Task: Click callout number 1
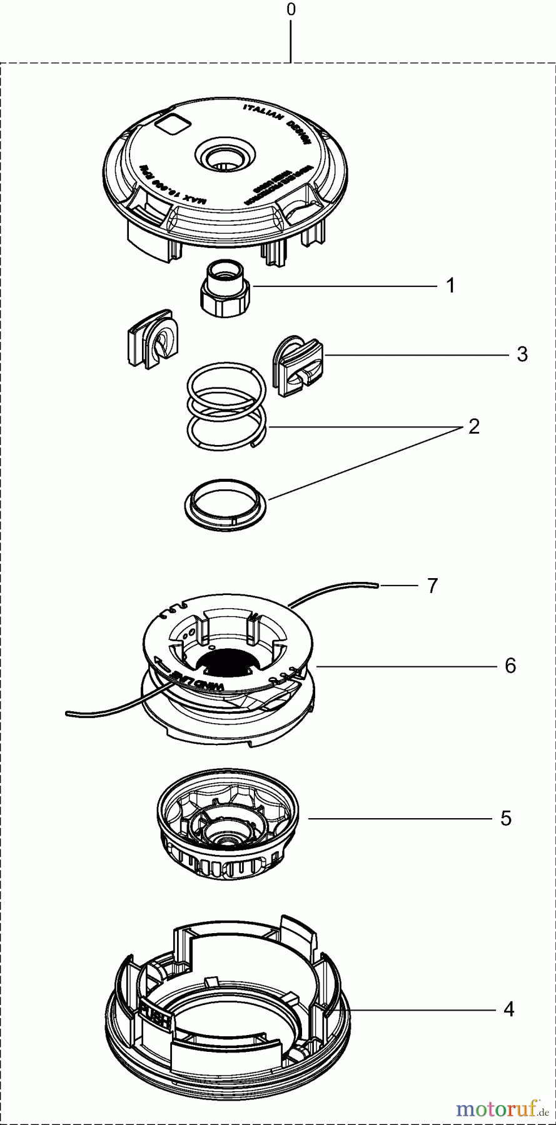(450, 286)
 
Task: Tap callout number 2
(473, 427)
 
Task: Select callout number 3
(522, 354)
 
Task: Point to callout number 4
(509, 1009)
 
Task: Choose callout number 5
(506, 818)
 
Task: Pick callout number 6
(510, 666)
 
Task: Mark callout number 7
(432, 586)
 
